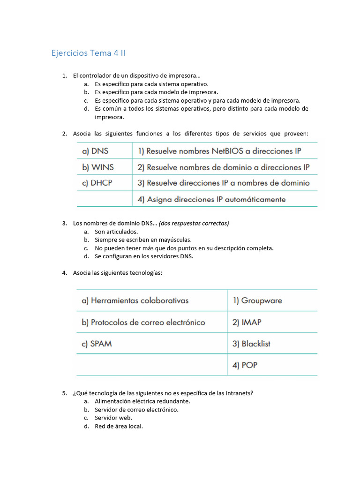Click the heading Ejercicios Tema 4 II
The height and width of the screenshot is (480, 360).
88,53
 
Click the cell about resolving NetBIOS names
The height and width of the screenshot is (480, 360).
219,151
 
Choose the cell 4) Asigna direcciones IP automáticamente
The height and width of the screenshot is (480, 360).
211,199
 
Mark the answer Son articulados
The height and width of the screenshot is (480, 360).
116,232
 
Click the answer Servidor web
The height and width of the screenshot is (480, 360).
113,418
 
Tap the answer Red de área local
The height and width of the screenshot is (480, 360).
119,426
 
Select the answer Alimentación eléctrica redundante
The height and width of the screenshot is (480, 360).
142,401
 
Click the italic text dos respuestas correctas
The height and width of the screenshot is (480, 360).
194,223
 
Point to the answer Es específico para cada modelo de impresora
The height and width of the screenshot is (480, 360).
156,92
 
